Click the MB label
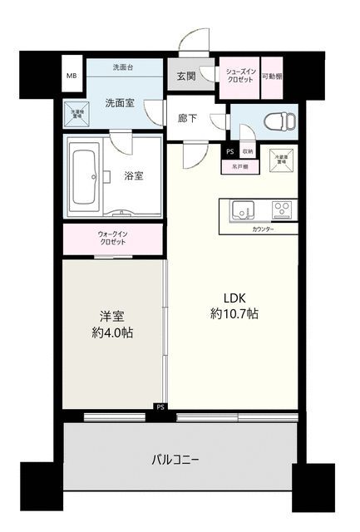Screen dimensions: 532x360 tap(71, 75)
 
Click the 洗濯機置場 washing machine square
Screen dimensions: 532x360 tap(79, 114)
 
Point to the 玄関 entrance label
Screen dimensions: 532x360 tap(186, 76)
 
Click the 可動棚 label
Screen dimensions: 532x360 tap(271, 76)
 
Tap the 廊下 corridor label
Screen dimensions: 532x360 tap(186, 119)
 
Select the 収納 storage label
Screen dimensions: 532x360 tap(248, 151)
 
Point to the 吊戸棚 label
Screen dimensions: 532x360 tap(239, 166)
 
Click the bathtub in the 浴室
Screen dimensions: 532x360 tap(86, 175)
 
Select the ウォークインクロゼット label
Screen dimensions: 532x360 tap(112, 237)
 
